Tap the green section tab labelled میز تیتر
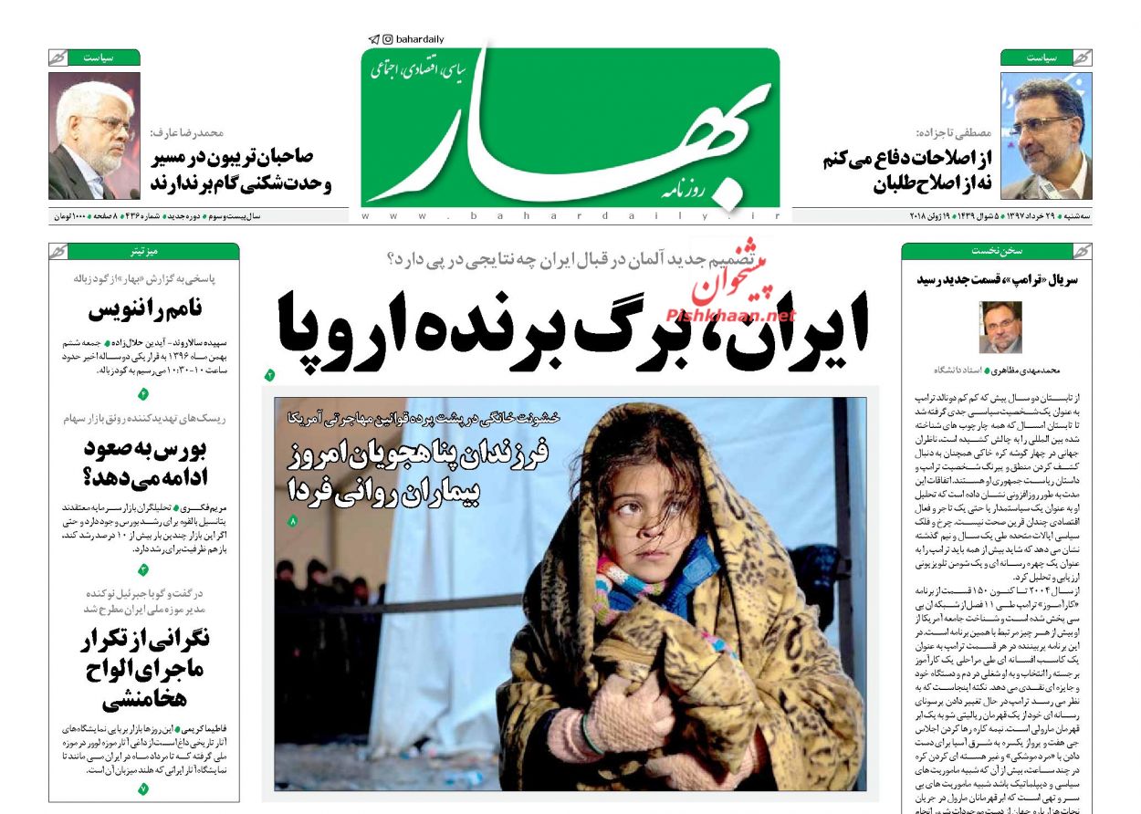[144, 251]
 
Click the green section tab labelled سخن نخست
[996, 251]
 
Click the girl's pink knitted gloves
[630, 712]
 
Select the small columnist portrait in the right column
[1000, 327]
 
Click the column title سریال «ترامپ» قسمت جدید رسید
[997, 279]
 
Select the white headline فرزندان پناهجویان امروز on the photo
[420, 454]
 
